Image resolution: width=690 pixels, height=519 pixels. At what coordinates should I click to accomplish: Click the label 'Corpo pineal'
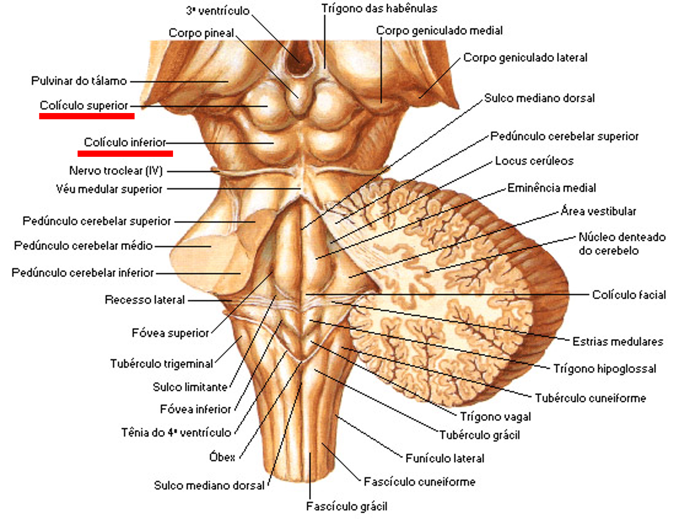click(201, 33)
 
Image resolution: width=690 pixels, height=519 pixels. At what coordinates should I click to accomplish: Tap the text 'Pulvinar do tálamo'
click(79, 81)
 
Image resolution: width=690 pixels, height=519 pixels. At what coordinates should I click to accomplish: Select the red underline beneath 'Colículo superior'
click(86, 116)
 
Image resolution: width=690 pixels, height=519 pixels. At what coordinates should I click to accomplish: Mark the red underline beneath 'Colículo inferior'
click(125, 153)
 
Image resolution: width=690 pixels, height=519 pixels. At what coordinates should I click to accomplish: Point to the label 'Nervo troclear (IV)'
click(116, 171)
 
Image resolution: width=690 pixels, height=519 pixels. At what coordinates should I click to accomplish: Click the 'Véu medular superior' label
click(109, 189)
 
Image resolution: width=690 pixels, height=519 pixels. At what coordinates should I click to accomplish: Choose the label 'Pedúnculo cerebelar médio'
click(83, 246)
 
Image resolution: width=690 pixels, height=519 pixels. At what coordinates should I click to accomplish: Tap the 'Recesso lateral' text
click(145, 300)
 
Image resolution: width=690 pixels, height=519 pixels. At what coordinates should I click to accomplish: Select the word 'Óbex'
click(222, 457)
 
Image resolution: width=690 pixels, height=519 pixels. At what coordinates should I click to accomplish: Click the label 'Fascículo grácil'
click(346, 506)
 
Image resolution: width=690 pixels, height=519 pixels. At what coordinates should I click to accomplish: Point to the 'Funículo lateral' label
click(444, 458)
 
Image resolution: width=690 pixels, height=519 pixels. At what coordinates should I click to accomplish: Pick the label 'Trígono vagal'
click(495, 417)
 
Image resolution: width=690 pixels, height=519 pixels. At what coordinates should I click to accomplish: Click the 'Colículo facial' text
click(628, 295)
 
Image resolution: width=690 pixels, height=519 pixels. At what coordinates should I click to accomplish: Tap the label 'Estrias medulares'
click(617, 342)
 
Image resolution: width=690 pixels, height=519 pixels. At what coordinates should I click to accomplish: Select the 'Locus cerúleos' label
click(534, 161)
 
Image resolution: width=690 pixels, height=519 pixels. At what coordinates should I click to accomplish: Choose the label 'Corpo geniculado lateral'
click(525, 58)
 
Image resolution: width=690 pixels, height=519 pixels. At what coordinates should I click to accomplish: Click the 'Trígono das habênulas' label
click(379, 9)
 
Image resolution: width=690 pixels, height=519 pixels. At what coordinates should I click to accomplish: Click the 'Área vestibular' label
click(598, 211)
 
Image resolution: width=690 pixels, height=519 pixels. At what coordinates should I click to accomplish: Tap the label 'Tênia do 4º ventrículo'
click(176, 432)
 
